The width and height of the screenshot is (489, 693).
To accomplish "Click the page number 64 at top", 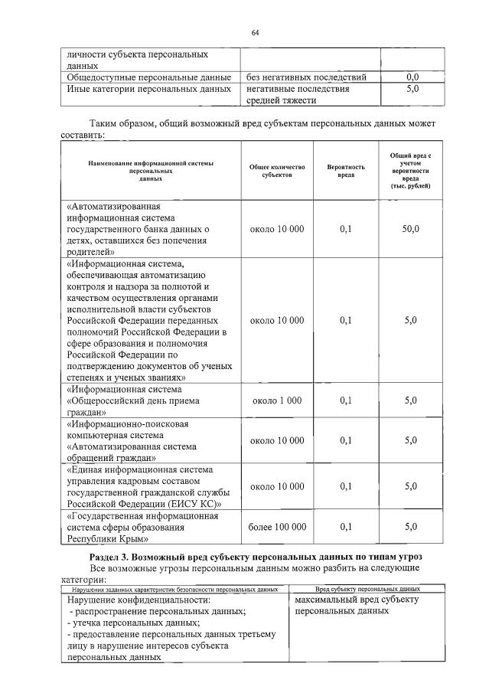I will pyautogui.click(x=255, y=32).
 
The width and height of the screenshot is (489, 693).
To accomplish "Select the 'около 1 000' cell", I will pyautogui.click(x=277, y=400).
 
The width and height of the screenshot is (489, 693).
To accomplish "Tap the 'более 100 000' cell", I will pyautogui.click(x=277, y=527).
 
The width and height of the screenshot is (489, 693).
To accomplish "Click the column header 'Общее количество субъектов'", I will pyautogui.click(x=277, y=171).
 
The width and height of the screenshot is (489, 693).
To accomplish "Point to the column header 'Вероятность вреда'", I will pyautogui.click(x=346, y=171).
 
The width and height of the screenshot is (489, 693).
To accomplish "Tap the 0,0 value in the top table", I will pyautogui.click(x=412, y=77).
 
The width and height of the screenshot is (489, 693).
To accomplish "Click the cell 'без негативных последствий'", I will pyautogui.click(x=306, y=77).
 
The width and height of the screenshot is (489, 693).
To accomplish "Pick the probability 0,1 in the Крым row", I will pyautogui.click(x=346, y=527).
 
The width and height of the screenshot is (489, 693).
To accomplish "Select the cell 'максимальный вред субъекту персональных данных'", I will pyautogui.click(x=356, y=606).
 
